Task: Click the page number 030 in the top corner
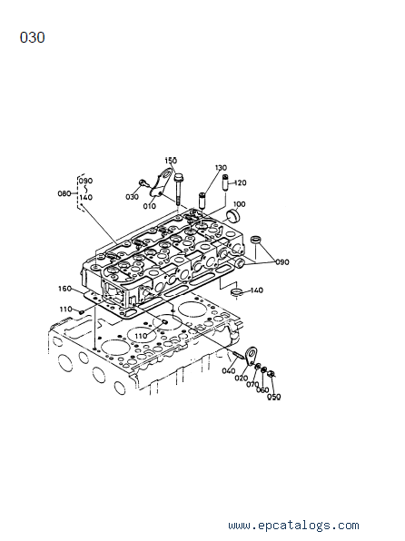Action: coord(32,37)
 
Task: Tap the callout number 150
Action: coord(171,161)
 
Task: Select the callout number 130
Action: coord(221,168)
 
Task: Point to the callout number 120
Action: coord(241,182)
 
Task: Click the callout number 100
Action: coord(239,204)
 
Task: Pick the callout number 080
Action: coord(64,193)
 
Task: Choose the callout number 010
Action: coord(150,206)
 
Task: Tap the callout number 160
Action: coord(64,289)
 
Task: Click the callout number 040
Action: coord(228,371)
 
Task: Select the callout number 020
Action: coord(241,379)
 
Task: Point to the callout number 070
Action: coord(252,384)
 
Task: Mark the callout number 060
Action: coord(262,390)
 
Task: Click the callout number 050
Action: coord(274,397)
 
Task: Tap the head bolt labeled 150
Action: coord(178,190)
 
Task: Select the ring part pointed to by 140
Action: coord(236,293)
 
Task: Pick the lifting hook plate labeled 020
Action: coord(252,355)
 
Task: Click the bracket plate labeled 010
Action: coord(160,182)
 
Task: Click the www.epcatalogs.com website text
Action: coord(293,526)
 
